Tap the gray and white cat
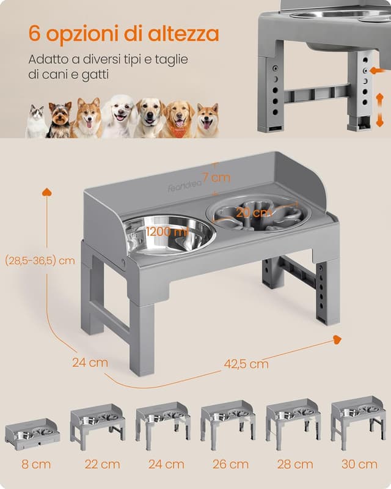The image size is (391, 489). [x=37, y=122]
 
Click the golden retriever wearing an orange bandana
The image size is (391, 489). [x=178, y=119]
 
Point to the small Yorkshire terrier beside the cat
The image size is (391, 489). [x=60, y=120]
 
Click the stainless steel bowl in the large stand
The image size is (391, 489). [x=169, y=233]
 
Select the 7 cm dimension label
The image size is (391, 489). [x=216, y=178]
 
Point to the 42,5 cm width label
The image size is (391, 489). [x=246, y=364]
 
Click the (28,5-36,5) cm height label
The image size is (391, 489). [x=40, y=260]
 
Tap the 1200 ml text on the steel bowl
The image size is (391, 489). [x=167, y=232]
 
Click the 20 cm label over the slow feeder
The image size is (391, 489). [x=254, y=213]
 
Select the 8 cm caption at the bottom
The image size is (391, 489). [x=32, y=465]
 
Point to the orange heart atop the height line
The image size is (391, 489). [x=46, y=192]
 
